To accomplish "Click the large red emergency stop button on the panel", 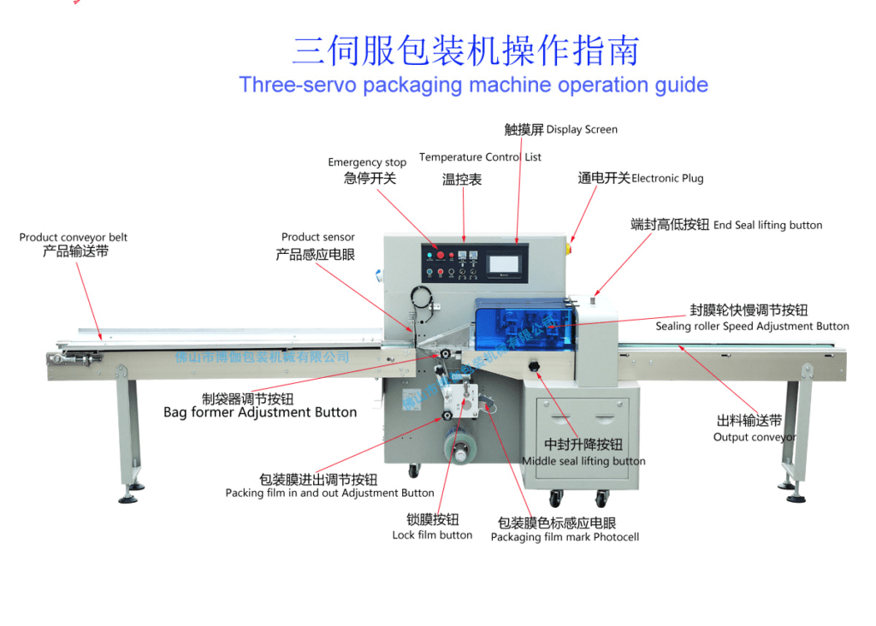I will coord(441,255).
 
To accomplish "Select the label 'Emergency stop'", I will coord(367,162).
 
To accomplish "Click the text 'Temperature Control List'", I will coord(480,157).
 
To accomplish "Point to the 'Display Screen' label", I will coord(582,130).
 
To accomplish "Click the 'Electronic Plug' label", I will coord(667,179).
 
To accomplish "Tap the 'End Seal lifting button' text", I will coord(767,226).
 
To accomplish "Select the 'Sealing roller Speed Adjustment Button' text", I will coord(752,327).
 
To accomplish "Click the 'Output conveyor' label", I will coord(754,438).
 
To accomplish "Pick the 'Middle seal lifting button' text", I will coord(583,462).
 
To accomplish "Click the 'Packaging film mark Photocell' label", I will coord(565,538).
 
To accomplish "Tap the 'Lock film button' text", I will coord(432,535).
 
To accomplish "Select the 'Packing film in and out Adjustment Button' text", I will coord(329,493).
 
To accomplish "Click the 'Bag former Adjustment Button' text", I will coord(260,413).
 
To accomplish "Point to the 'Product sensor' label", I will coord(317,238).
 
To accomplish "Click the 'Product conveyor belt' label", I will coord(74,238).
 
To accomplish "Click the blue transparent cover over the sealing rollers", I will coord(522,325).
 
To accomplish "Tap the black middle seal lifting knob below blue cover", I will coord(536,367).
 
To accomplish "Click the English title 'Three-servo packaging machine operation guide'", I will coord(473,86).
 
